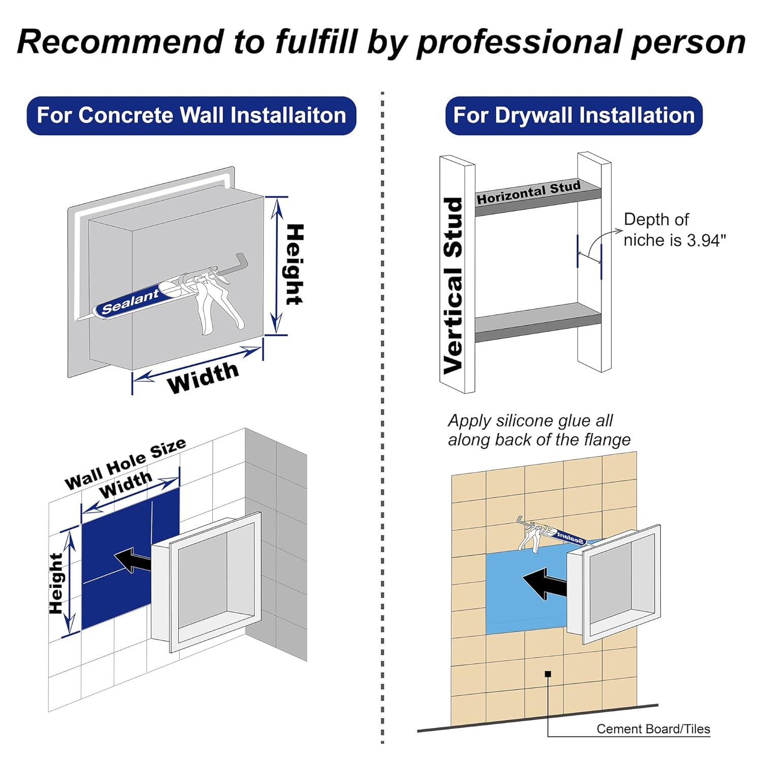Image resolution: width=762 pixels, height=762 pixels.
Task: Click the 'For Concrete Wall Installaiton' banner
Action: click(191, 115)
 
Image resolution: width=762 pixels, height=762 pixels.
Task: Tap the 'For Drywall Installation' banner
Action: click(574, 115)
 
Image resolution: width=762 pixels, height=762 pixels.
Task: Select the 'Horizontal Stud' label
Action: click(528, 193)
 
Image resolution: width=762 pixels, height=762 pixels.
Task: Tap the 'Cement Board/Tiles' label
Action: click(653, 729)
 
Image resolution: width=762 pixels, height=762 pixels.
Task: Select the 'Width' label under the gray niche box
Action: click(203, 377)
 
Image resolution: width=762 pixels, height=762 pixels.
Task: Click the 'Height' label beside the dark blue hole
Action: click(56, 583)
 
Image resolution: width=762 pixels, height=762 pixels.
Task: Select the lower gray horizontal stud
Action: click(537, 322)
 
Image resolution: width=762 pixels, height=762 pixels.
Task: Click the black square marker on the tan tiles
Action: click(548, 674)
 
